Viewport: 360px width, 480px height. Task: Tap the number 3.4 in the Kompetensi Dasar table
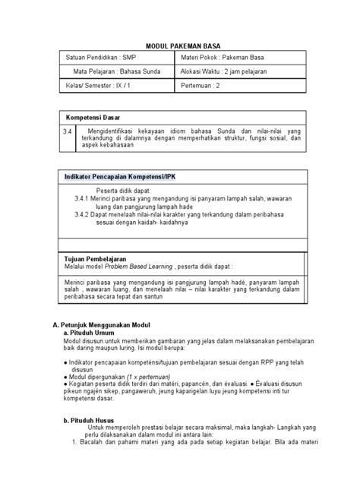coord(68,131)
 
